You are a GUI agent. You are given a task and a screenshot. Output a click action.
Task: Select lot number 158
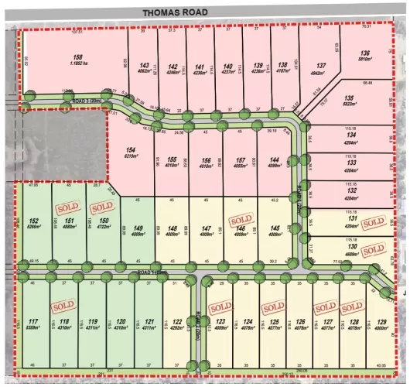(77, 57)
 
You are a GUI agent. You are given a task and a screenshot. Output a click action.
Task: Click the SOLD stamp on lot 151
(67, 208)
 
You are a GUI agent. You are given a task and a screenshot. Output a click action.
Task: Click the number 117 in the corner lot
(33, 321)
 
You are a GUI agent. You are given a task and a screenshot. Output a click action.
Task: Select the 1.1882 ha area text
(78, 63)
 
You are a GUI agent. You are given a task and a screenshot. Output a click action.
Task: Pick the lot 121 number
(150, 321)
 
